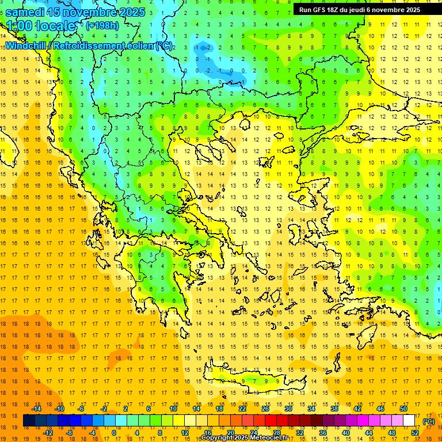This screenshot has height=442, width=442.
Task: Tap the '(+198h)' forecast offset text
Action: coord(102,25)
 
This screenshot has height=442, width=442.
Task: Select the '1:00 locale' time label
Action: coord(40,26)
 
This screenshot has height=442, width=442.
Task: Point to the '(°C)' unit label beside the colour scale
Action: coord(429,421)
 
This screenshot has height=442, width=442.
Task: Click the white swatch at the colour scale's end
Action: coord(409,421)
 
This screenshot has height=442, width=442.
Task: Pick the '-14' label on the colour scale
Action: coord(37,409)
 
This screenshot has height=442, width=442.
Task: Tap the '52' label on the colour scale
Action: coord(415,433)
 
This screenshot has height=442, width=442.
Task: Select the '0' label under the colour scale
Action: coord(113,433)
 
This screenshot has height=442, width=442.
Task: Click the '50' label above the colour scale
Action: coord(403,409)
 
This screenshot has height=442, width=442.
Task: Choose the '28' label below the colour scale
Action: coord(276,433)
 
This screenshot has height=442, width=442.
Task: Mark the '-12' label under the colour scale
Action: coord(48,433)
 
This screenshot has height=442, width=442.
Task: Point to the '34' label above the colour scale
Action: coord(311,409)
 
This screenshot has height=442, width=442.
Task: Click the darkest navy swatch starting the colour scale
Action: coord(29,421)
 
